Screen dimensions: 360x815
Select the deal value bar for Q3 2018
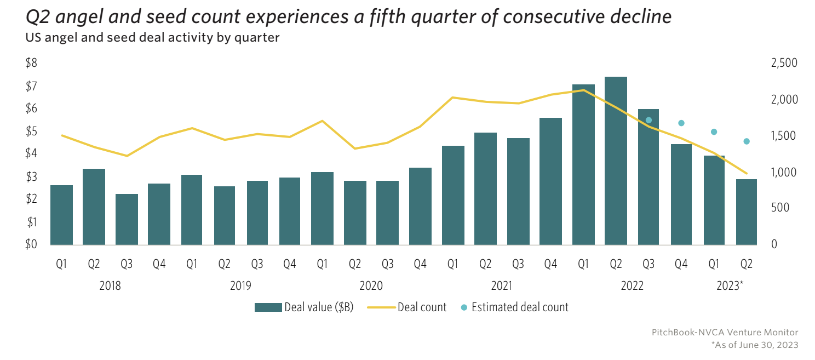point(127,219)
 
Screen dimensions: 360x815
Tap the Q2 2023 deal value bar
point(746,212)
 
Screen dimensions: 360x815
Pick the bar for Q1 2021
point(453,195)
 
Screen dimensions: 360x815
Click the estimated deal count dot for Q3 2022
point(648,120)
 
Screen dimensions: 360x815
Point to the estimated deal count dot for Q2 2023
point(746,141)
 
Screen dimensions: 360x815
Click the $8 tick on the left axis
point(31,63)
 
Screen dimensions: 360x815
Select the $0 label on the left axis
point(31,244)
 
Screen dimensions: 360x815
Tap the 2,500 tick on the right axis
point(784,64)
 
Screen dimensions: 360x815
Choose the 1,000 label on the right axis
point(784,172)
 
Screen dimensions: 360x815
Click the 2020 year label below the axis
point(371,285)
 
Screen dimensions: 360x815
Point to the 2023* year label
point(730,285)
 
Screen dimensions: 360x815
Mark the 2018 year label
point(110,285)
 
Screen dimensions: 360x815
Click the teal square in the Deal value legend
point(268,307)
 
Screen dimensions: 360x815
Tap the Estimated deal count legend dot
point(464,307)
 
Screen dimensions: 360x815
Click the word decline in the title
point(638,17)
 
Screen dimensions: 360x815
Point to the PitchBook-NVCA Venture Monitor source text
point(725,333)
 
